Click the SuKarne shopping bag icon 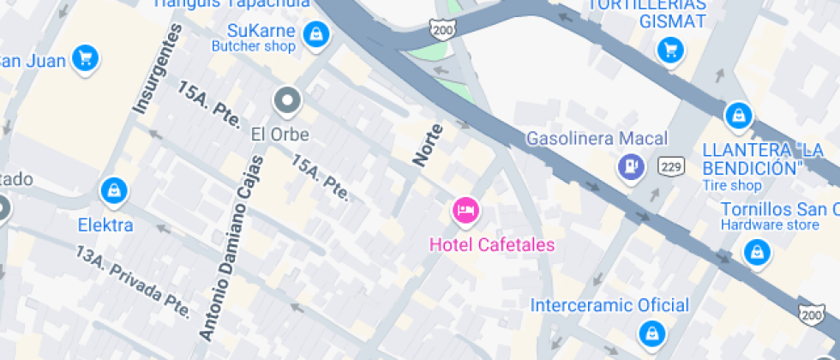[x=317, y=34]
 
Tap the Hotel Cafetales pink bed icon [x=465, y=209]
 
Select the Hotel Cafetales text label [x=492, y=245]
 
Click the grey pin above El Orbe [x=287, y=101]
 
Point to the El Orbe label [x=279, y=135]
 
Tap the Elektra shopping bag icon [x=113, y=192]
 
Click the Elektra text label [x=105, y=225]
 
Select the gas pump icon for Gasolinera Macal [x=632, y=166]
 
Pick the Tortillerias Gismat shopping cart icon [x=670, y=50]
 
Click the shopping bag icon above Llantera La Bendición [x=737, y=115]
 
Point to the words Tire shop [x=732, y=185]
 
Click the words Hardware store [x=770, y=225]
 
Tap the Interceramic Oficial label [x=609, y=305]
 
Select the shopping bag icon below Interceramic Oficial [x=652, y=333]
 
